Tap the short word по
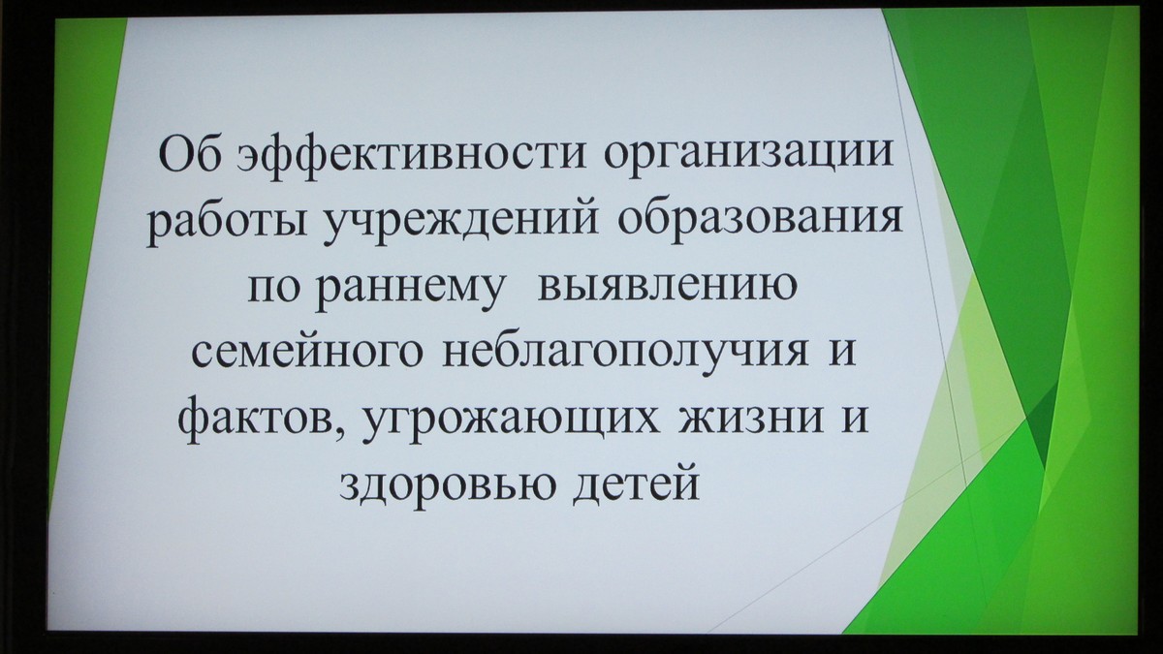[273, 287]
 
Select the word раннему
[409, 291]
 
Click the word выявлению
[667, 286]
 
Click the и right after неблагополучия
[841, 352]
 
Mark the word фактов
[256, 417]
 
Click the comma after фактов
[340, 430]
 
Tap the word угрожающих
[512, 420]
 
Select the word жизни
[750, 417]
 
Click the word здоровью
[448, 483]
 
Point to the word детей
[637, 483]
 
